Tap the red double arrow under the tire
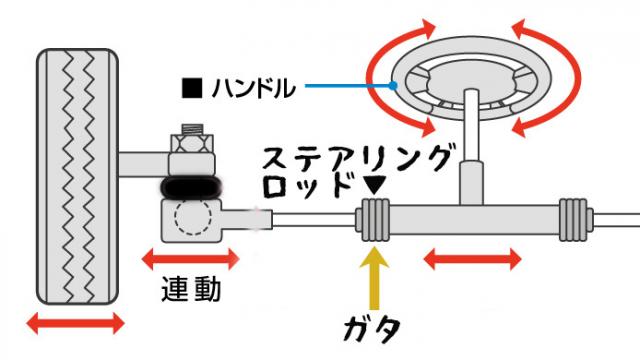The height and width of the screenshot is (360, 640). point(76,323)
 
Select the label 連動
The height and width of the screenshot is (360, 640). point(190,290)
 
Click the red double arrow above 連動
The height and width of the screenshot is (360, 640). point(191,259)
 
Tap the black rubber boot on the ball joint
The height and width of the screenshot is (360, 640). point(191,187)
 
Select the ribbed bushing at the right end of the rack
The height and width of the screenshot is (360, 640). point(573,216)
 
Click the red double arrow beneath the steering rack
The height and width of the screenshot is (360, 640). point(472,260)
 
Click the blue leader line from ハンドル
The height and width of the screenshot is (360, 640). point(350,88)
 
